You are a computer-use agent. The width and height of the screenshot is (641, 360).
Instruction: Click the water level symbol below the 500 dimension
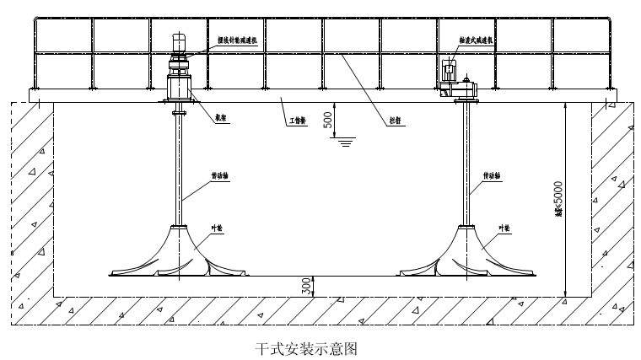tap(345, 142)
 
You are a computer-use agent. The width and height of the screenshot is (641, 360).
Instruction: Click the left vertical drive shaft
tap(179, 169)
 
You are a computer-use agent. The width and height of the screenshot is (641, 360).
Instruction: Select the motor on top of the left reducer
tap(179, 42)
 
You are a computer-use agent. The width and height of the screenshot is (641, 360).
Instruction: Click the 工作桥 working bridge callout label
tap(295, 122)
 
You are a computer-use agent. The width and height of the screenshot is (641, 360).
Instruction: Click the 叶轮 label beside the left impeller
tap(217, 228)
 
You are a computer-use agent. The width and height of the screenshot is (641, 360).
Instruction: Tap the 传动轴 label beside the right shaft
tap(493, 176)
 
